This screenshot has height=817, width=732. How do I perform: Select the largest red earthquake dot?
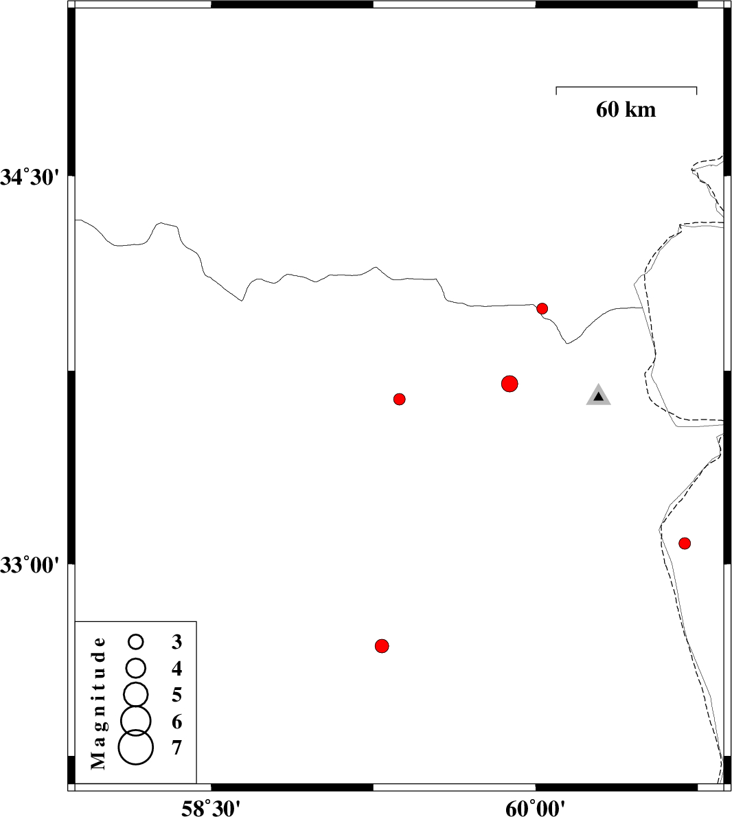click(x=510, y=384)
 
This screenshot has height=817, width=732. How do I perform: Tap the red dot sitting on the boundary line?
click(x=542, y=308)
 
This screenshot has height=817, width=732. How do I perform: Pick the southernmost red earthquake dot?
click(x=382, y=646)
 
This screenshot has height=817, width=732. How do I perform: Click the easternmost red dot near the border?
click(x=685, y=544)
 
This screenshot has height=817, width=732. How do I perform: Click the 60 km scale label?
click(x=626, y=109)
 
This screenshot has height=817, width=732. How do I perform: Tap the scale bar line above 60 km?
click(x=626, y=87)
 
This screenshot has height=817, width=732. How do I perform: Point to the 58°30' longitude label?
click(x=211, y=808)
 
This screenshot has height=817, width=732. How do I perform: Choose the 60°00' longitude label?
click(x=535, y=808)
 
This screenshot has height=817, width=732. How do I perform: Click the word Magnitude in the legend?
click(x=98, y=704)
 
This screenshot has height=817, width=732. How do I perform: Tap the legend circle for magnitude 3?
click(x=136, y=641)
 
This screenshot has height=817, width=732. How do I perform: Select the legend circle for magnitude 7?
click(x=136, y=747)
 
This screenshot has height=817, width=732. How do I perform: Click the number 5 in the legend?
click(x=177, y=695)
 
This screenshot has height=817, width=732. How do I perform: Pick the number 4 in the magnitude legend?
click(x=177, y=668)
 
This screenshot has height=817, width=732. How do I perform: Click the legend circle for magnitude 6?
click(x=135, y=721)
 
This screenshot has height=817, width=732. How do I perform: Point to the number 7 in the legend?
click(x=177, y=748)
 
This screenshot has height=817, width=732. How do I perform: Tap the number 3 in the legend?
click(x=177, y=641)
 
